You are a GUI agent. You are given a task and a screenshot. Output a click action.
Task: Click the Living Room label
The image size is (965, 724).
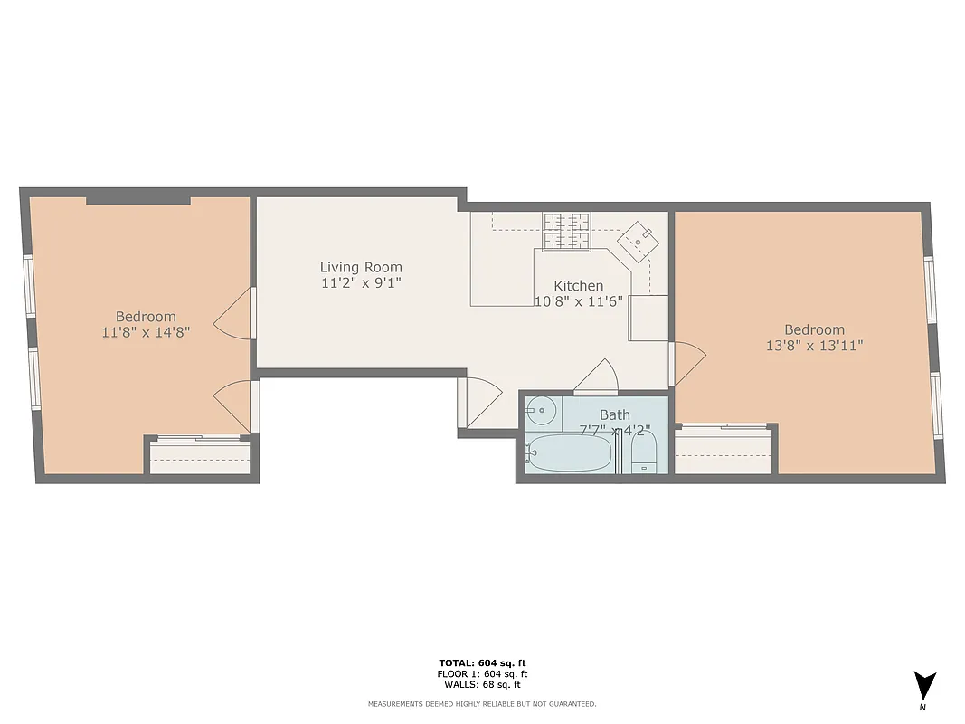pyautogui.click(x=361, y=267)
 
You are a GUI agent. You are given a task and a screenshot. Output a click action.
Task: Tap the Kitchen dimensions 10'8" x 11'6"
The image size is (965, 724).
pyautogui.click(x=579, y=301)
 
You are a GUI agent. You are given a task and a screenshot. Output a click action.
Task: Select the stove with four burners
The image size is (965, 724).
pyautogui.click(x=565, y=230)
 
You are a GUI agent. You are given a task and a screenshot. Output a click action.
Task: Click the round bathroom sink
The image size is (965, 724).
pyautogui.click(x=541, y=412)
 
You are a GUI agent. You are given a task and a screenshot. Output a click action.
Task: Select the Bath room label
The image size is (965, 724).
pyautogui.click(x=614, y=414)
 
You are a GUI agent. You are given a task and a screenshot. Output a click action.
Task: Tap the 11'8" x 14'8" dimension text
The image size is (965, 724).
pyautogui.click(x=146, y=332)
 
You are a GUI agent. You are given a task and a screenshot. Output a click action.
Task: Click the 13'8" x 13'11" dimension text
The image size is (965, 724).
pyautogui.click(x=814, y=345)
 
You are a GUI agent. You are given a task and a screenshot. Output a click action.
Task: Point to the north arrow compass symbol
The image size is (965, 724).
pyautogui.click(x=923, y=685)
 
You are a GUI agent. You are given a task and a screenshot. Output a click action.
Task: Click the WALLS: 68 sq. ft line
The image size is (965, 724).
pyautogui.click(x=482, y=684)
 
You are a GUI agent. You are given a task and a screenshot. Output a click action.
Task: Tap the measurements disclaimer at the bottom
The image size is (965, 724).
pyautogui.click(x=482, y=703)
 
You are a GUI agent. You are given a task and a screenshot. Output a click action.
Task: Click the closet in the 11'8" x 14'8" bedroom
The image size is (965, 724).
pyautogui.click(x=200, y=457)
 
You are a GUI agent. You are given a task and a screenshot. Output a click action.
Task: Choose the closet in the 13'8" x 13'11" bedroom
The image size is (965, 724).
pyautogui.click(x=724, y=450)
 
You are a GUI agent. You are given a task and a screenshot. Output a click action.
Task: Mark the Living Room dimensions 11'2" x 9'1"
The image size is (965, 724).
pyautogui.click(x=361, y=282)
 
